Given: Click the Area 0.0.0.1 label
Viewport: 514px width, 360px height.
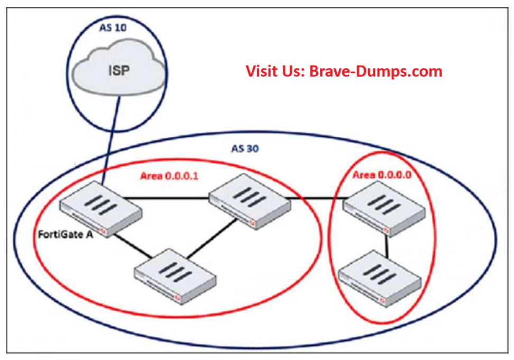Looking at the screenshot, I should point(169,176).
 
